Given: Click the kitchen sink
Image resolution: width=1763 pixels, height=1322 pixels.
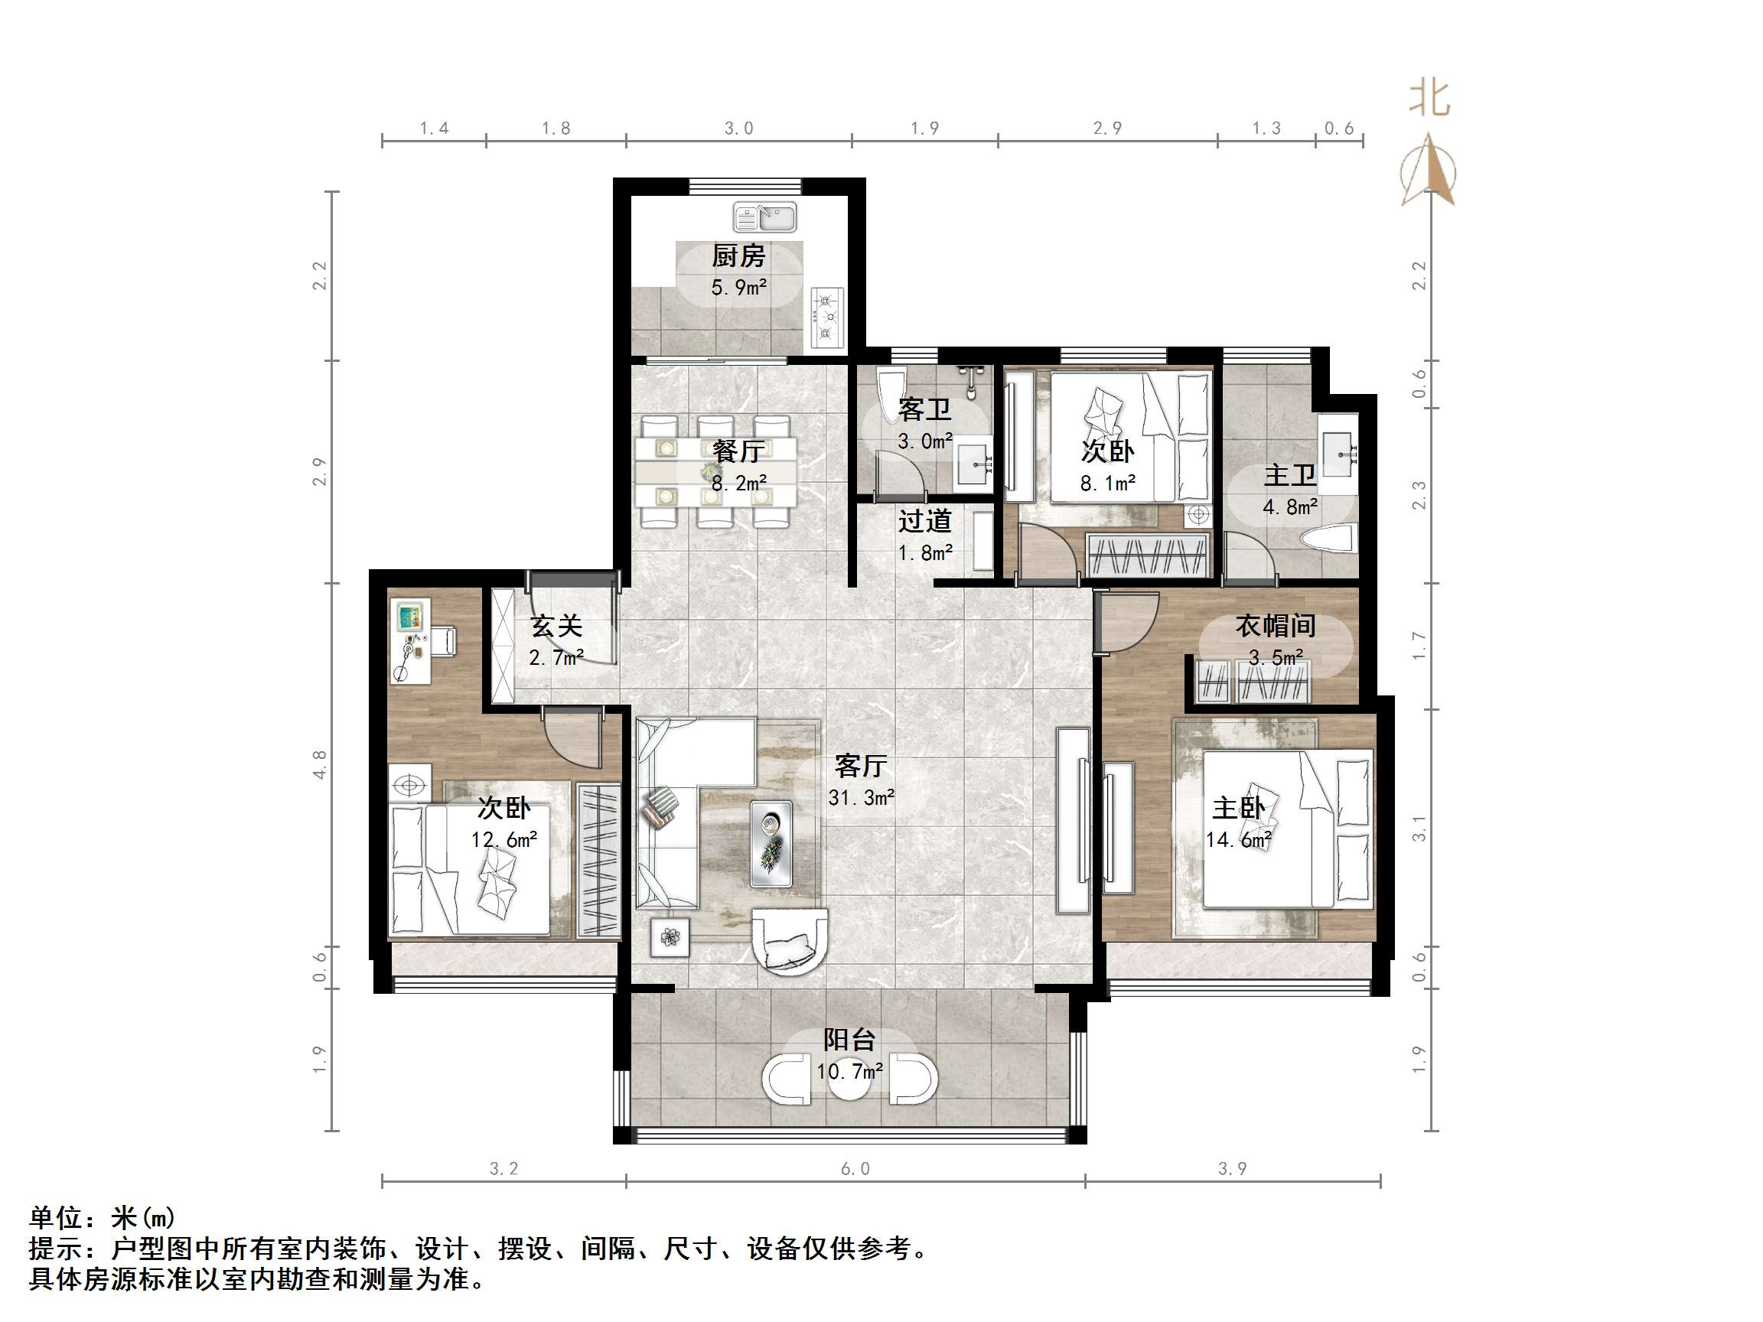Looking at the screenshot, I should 764,217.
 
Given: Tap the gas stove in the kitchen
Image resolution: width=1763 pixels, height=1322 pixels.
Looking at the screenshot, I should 827,317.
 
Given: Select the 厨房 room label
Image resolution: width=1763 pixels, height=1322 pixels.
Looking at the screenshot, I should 738,256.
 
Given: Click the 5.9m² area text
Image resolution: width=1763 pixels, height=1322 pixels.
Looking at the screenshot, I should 739,288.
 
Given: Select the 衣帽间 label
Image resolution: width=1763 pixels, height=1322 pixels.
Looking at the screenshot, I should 1276,626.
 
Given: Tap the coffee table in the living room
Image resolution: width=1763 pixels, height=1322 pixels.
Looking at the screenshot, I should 771,844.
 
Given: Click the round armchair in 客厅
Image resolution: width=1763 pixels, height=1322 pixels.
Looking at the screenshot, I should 789,941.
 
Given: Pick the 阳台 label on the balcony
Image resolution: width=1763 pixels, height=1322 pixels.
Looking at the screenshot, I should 849,1039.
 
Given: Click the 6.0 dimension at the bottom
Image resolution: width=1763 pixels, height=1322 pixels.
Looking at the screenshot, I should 855,1169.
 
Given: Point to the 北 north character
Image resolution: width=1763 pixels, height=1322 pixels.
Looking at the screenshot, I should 1429,99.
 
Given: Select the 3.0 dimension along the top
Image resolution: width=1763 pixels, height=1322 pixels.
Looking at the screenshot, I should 738,129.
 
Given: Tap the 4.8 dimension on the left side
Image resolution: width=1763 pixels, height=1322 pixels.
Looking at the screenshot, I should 320,764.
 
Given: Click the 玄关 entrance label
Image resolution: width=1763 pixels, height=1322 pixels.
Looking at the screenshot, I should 556,626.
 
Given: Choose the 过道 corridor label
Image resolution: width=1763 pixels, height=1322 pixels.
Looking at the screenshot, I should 924,521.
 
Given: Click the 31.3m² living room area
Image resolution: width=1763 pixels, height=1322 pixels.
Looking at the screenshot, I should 861,798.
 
